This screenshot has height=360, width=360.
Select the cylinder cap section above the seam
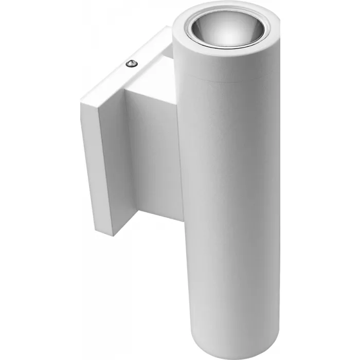[226, 67]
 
